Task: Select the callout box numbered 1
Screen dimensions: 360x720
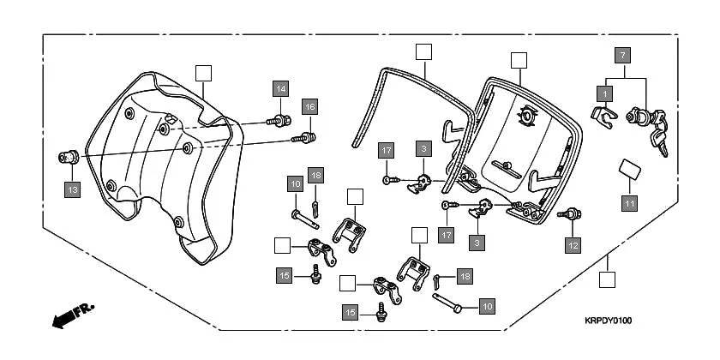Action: (605, 92)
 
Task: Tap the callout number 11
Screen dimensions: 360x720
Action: (630, 203)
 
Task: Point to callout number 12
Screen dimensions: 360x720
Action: (573, 244)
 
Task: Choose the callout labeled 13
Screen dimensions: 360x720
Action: (71, 189)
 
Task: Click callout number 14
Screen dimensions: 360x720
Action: (281, 88)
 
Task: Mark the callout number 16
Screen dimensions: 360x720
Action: (309, 106)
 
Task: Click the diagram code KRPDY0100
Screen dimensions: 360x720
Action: (608, 321)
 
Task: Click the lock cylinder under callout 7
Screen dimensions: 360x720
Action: (639, 116)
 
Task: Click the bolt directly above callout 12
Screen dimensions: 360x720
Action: (567, 214)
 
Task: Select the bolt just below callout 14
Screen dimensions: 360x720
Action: (279, 120)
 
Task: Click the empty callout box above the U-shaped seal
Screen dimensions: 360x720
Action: (423, 51)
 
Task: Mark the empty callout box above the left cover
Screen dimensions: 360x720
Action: (202, 73)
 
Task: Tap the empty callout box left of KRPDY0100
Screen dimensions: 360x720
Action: (607, 279)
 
